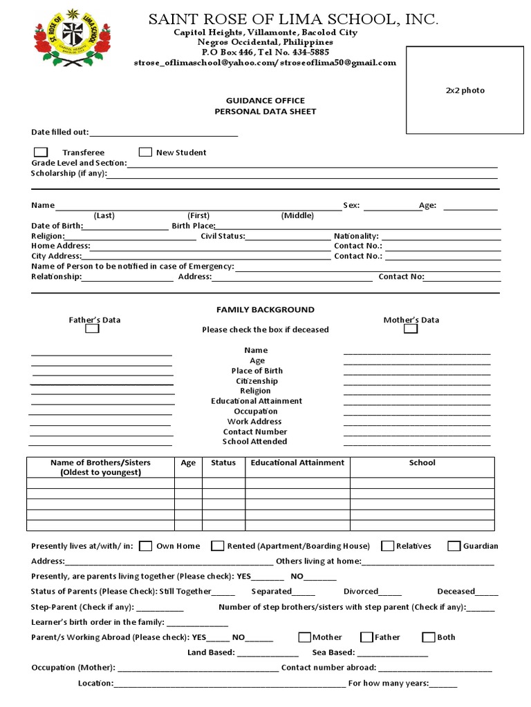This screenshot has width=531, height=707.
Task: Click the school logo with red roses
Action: (x=72, y=37)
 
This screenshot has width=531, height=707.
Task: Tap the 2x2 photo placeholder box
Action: (x=464, y=90)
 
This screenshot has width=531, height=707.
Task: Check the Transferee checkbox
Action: (x=41, y=152)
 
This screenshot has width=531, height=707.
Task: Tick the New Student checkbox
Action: (x=145, y=152)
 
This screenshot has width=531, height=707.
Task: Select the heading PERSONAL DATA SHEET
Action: (x=265, y=111)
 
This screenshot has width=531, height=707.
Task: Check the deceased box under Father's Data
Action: (x=92, y=329)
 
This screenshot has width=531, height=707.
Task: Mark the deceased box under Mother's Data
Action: (x=411, y=329)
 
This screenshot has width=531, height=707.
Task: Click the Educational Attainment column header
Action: (x=297, y=463)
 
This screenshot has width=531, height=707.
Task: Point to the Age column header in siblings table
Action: (x=188, y=463)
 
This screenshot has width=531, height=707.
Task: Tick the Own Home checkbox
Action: (x=146, y=546)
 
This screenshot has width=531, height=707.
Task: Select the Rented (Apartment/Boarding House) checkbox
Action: (x=218, y=546)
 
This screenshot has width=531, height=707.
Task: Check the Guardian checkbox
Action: (x=454, y=546)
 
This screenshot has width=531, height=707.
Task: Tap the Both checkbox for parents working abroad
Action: (x=429, y=637)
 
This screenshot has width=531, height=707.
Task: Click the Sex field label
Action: (x=351, y=206)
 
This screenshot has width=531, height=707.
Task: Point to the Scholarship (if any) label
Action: (x=68, y=173)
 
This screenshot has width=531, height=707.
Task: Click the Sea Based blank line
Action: (x=393, y=652)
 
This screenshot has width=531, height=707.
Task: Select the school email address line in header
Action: (x=265, y=63)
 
